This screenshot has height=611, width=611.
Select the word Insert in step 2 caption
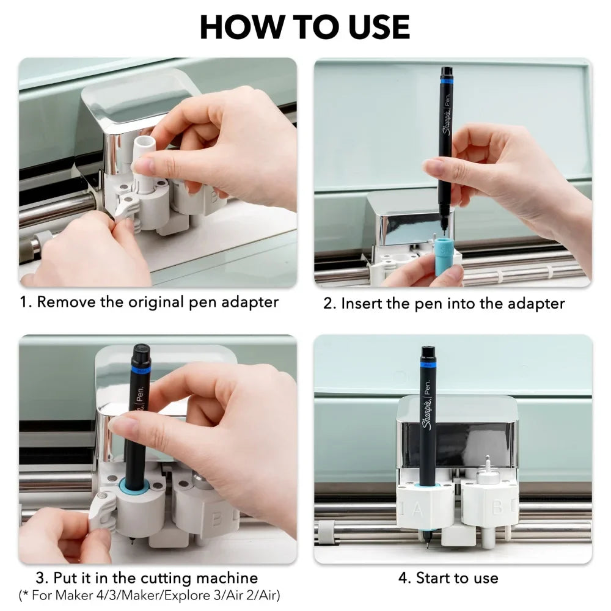point(361,304)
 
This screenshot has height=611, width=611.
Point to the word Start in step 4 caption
point(433,578)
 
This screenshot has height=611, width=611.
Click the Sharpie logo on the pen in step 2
point(447,121)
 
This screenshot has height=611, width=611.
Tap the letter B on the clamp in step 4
point(497,507)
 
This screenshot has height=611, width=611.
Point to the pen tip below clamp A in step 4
point(427,544)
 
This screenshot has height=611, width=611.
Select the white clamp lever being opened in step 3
point(102,508)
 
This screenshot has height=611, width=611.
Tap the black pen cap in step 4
point(428,354)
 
